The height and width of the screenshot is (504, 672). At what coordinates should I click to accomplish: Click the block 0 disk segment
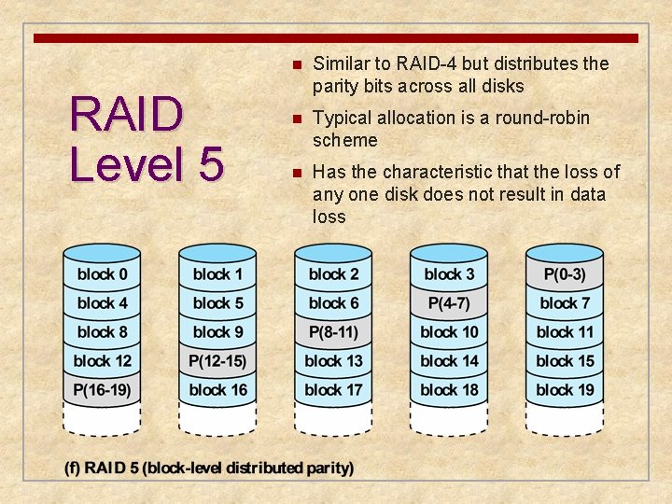(x=102, y=274)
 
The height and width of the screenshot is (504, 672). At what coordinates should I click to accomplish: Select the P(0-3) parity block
(x=565, y=274)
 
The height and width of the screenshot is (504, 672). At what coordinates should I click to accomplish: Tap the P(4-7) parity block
(x=449, y=303)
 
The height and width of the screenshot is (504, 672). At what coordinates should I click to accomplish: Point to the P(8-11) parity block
(x=333, y=332)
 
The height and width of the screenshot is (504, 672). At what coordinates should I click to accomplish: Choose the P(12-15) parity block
(x=217, y=361)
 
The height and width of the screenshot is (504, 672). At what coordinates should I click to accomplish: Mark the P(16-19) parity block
(x=102, y=390)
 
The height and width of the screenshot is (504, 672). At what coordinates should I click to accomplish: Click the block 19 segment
(x=565, y=390)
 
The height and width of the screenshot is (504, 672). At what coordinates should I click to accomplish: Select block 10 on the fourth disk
(x=449, y=332)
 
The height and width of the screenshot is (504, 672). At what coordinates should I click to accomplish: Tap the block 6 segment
(x=333, y=303)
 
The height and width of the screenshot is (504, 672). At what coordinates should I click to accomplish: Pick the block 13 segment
(x=333, y=361)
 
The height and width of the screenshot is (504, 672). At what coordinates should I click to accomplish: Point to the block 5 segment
(x=217, y=303)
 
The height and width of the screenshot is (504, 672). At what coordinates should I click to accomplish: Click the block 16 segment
(x=217, y=390)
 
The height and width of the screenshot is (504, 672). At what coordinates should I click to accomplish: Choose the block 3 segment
(x=449, y=274)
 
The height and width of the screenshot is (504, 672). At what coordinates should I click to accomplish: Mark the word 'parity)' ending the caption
(x=329, y=468)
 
